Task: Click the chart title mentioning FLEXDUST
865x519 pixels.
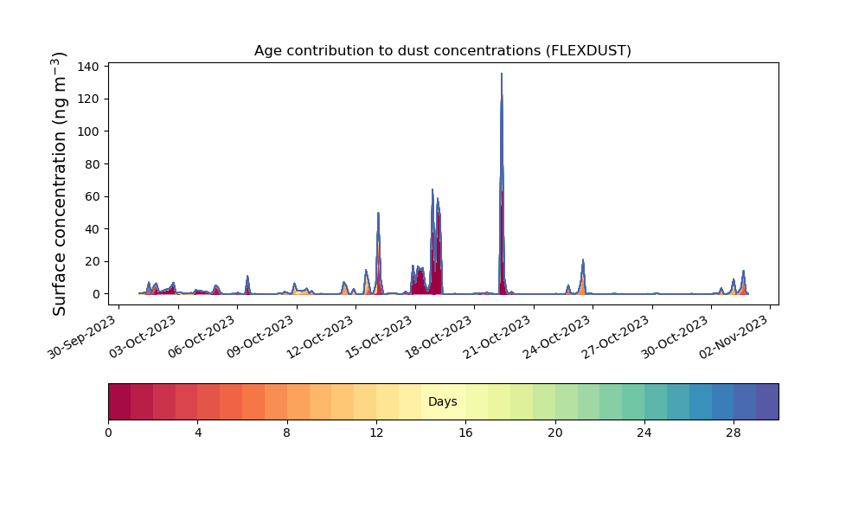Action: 442,51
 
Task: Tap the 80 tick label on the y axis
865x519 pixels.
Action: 93,164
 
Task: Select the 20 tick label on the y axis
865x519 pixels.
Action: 93,261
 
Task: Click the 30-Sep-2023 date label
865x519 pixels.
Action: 83,336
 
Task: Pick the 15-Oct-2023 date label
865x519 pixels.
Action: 380,336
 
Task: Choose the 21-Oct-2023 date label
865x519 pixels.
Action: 498,336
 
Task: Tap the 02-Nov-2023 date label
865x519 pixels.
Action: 734,336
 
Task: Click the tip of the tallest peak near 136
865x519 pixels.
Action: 502,74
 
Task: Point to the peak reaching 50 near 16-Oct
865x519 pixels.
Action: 379,213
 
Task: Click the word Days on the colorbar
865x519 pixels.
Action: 442,401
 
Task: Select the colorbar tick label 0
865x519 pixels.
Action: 108,433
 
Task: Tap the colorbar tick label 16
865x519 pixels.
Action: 465,433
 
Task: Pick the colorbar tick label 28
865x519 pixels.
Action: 734,433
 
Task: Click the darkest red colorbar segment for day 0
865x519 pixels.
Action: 119,401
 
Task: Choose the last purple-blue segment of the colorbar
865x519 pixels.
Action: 767,401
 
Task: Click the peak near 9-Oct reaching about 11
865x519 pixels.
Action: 247,276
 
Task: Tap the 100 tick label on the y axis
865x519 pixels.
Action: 90,131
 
